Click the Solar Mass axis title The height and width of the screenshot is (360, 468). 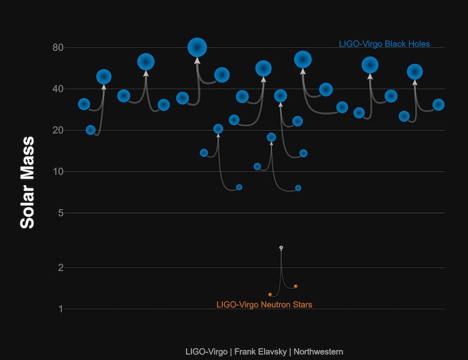coord(27,182)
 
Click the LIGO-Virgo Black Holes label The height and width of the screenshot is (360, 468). coord(384,44)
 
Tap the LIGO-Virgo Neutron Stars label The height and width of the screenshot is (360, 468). coord(264,305)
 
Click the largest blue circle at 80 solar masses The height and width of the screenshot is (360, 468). coord(197,47)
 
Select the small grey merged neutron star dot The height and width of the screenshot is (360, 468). coord(281,248)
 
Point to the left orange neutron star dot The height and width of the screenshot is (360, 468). coord(270,294)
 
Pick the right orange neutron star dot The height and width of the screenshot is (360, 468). coord(296,286)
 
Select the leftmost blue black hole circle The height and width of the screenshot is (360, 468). coord(84,104)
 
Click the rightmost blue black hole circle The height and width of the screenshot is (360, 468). coord(439,104)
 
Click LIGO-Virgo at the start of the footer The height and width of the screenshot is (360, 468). coord(207,351)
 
